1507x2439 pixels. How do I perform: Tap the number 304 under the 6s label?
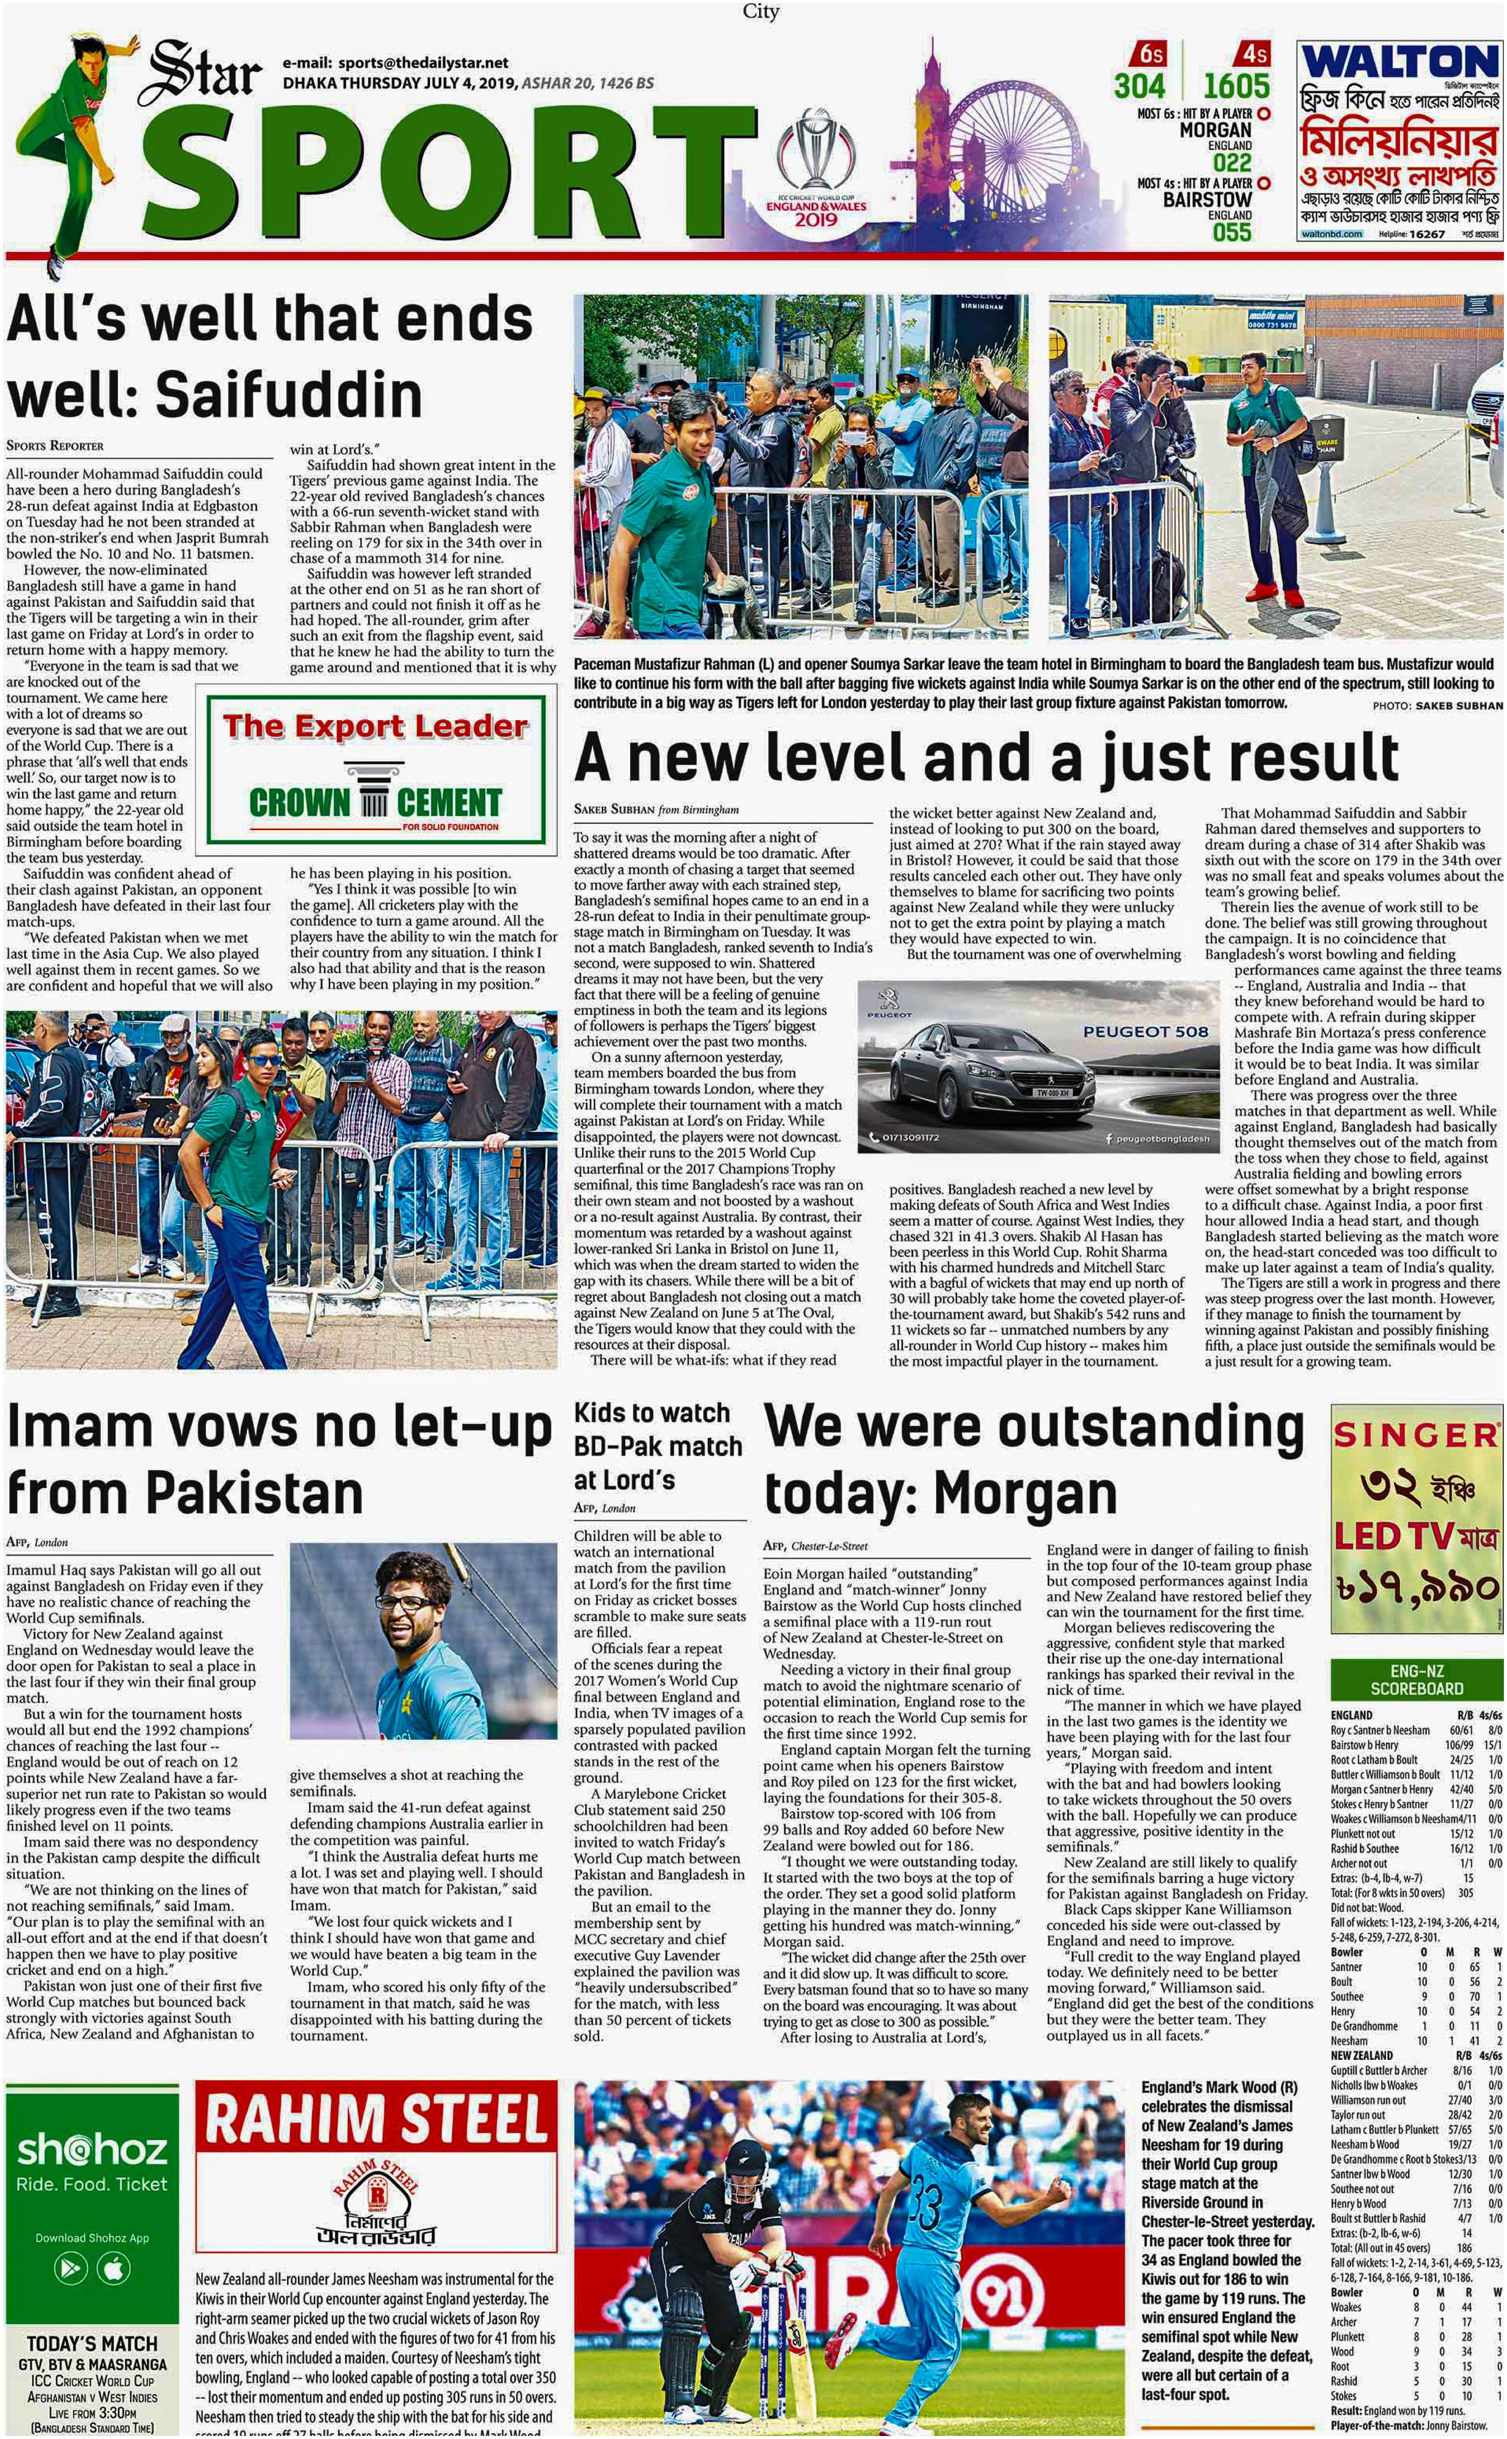[1139, 85]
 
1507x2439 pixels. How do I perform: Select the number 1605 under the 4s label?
[1236, 85]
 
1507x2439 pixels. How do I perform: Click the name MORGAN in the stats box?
[1215, 130]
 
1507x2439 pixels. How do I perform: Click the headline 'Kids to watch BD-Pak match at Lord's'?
[658, 1446]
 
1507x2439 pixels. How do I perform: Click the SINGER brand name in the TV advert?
[1414, 1435]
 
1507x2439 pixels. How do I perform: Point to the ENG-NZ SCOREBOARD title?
[1415, 1680]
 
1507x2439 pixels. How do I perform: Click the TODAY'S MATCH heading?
[92, 2343]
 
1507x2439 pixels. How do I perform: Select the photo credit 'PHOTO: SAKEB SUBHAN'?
[1436, 705]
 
